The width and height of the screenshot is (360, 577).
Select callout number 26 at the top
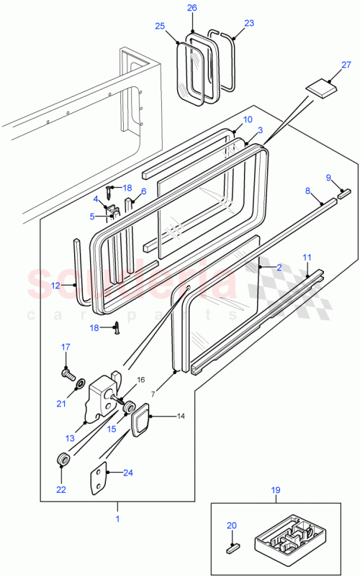pyautogui.click(x=192, y=8)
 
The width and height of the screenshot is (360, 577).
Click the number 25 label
pyautogui.click(x=159, y=26)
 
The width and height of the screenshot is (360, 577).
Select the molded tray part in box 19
pyautogui.click(x=287, y=536)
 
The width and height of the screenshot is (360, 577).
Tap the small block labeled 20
pyautogui.click(x=232, y=548)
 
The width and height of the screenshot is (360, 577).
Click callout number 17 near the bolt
pyautogui.click(x=65, y=347)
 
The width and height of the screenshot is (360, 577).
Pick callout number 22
pyautogui.click(x=60, y=490)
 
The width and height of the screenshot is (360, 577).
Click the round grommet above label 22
pyautogui.click(x=63, y=459)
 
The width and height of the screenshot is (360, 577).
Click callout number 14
pyautogui.click(x=161, y=416)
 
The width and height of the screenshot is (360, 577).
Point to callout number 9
pyautogui.click(x=329, y=178)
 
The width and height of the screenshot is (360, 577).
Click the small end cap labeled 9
pyautogui.click(x=343, y=194)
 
